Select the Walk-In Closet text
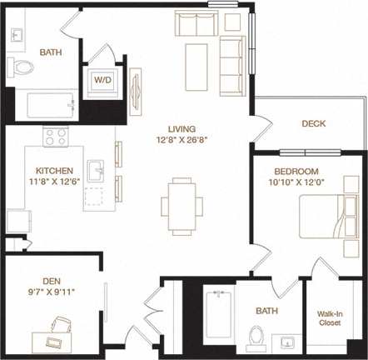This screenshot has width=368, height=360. click(331, 319)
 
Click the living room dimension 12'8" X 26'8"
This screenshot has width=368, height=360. click(181, 141)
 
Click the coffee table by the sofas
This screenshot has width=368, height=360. click(196, 64)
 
